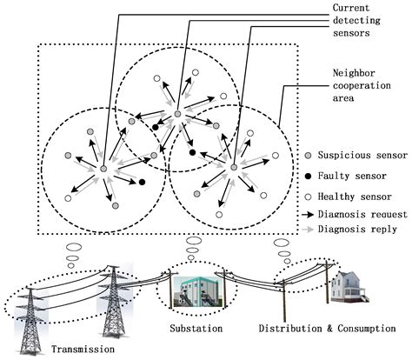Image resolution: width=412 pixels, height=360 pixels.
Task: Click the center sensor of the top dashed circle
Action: click(177, 114)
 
